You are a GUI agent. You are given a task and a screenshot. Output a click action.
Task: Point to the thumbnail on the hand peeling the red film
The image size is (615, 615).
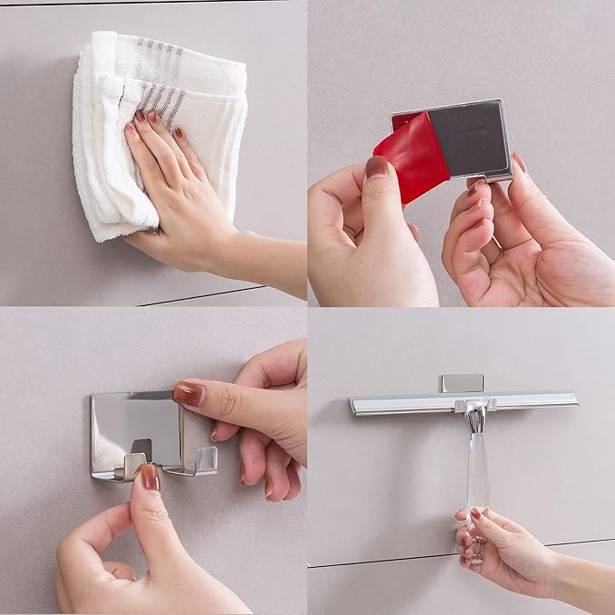pyautogui.click(x=377, y=168)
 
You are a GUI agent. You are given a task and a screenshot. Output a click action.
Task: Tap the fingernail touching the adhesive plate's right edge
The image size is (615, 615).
pyautogui.click(x=519, y=163)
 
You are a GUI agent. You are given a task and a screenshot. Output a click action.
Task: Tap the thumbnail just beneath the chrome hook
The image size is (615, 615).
pyautogui.click(x=150, y=477)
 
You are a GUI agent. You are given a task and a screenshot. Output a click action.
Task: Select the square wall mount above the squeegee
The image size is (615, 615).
pyautogui.click(x=462, y=382)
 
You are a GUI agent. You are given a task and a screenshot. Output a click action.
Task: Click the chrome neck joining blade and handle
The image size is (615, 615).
pyautogui.click(x=474, y=418)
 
